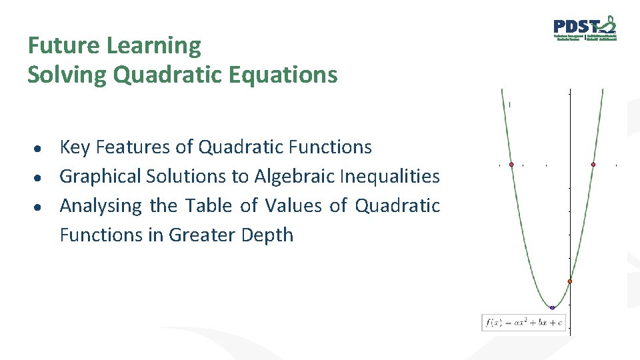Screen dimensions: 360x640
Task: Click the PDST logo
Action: [x=585, y=29]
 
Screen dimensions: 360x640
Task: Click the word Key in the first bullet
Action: [x=73, y=147]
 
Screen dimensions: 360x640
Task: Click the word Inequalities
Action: [x=389, y=176]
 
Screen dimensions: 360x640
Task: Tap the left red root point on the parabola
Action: [x=511, y=164]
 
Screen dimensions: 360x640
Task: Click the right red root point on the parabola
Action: [x=593, y=164]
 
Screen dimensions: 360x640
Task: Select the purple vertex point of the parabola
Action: [x=552, y=307]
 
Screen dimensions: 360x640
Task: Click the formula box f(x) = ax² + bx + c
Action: [x=524, y=323]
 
